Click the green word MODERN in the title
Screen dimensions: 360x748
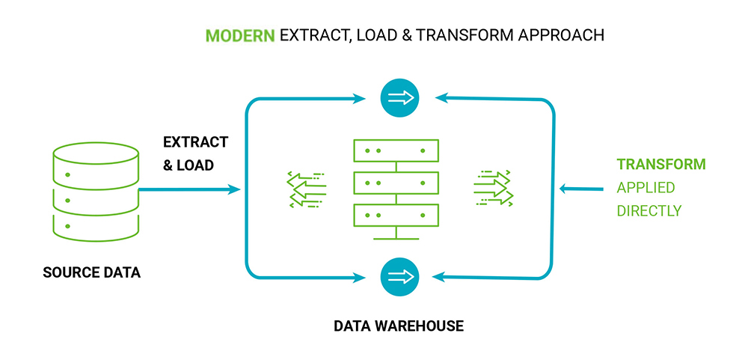239,35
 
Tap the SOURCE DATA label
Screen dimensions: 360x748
91,272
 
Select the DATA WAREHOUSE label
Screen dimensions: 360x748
399,326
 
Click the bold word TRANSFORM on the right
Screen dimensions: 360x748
660,165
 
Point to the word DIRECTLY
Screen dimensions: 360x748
649,211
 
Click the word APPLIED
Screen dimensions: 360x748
646,188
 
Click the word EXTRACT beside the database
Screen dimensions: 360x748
196,142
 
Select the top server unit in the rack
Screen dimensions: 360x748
396,150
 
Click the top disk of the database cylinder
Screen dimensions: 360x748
96,153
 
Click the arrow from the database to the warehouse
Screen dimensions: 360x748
188,190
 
